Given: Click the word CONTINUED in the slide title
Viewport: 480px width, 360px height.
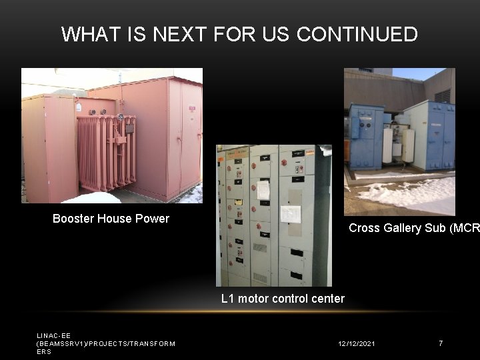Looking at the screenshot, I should pos(357,34).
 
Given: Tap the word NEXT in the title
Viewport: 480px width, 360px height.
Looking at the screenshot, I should pos(183,34).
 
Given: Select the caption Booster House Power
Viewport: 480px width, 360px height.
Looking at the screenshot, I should pos(111,219).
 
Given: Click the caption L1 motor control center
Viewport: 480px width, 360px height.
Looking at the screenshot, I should pos(283,299).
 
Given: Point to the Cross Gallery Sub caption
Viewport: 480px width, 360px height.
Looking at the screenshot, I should pos(413,228).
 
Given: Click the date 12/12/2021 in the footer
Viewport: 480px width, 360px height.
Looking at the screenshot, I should pos(356,343).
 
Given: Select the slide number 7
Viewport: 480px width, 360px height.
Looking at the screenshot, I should pos(440,343).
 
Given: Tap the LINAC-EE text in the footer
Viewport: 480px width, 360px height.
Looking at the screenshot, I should pos(53,336).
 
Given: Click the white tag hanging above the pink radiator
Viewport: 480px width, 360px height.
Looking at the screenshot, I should pos(79,107).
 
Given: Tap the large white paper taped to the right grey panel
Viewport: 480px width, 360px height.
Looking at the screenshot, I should pos(290,213).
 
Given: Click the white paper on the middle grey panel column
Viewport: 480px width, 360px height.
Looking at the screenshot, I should pos(263,190).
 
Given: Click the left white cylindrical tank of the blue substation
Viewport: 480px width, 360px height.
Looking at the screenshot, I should pos(387,145).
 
